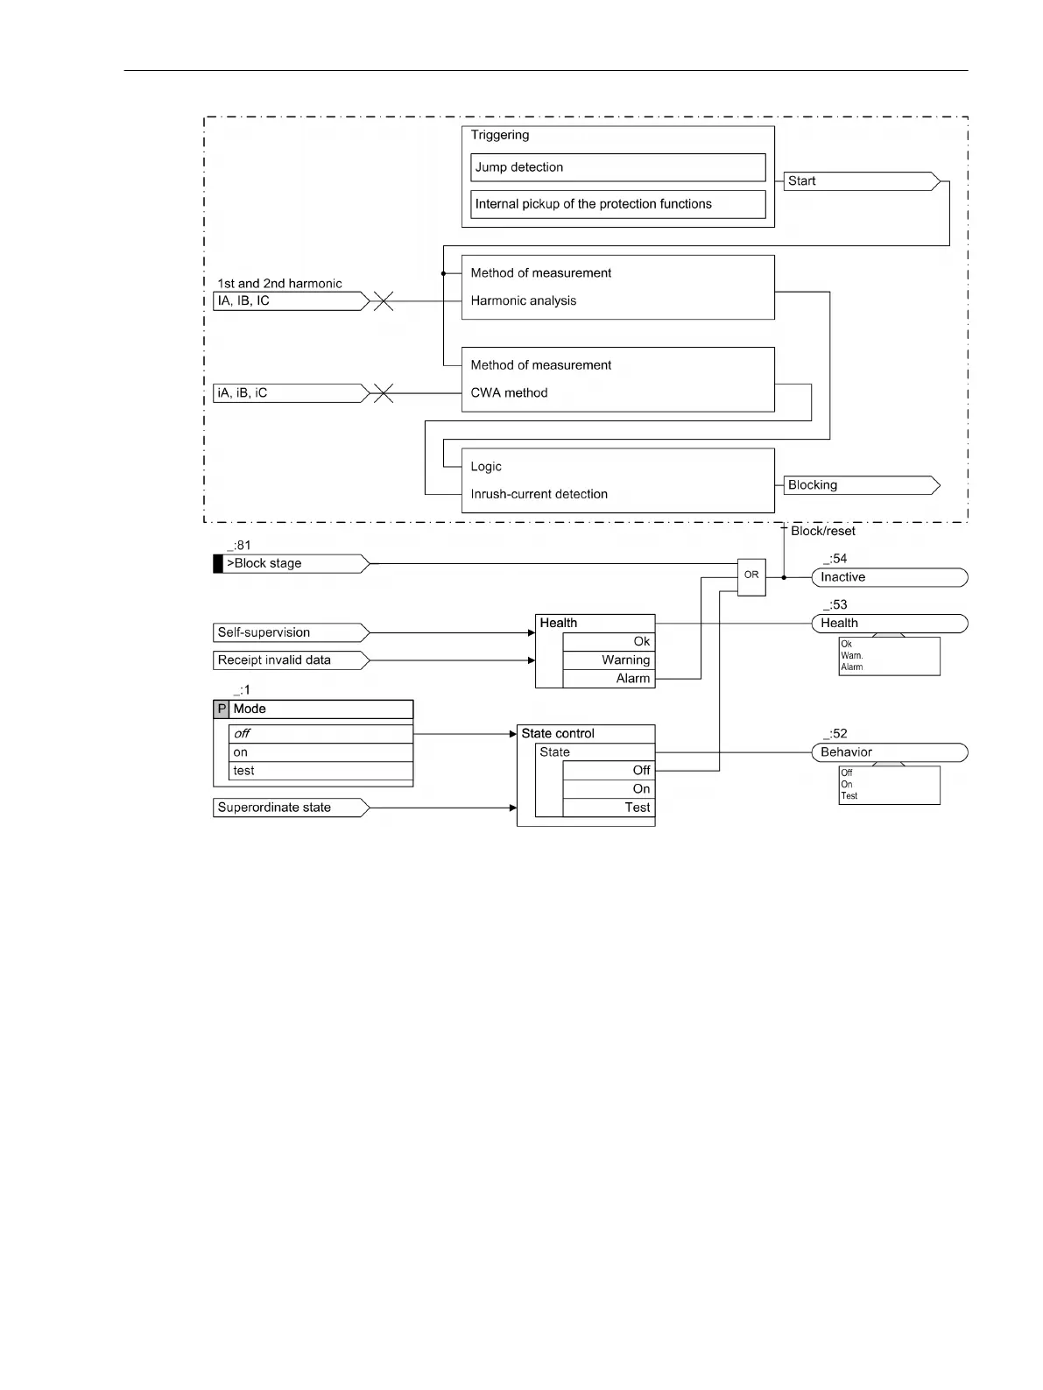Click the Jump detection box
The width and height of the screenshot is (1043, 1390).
tap(617, 167)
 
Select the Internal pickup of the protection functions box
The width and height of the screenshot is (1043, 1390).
tap(617, 204)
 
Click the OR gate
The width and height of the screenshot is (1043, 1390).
tap(751, 575)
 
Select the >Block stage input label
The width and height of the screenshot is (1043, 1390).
tap(292, 564)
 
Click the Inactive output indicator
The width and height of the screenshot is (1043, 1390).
tap(889, 577)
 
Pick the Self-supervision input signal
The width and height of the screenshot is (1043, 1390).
tap(290, 632)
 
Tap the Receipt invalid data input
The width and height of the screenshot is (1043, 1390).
tap(290, 660)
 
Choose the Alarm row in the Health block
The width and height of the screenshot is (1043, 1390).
tap(609, 679)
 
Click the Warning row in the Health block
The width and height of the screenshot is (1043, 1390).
tap(609, 660)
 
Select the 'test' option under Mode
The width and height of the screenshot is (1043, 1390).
tap(321, 771)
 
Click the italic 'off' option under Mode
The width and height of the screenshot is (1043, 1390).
tap(321, 734)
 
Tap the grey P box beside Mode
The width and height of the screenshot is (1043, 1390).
tap(222, 709)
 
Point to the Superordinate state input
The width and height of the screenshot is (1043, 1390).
tap(290, 808)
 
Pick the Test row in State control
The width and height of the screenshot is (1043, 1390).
tap(609, 808)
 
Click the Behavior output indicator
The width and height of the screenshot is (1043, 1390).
tap(889, 752)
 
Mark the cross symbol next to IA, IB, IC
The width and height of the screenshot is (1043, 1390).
tap(383, 301)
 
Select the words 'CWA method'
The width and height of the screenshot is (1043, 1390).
tap(509, 393)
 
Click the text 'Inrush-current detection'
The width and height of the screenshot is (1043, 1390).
tap(539, 494)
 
